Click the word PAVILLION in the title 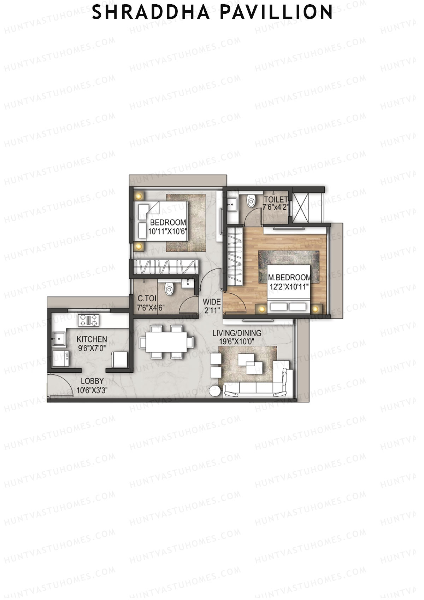pos(276,12)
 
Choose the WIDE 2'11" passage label pos(211,306)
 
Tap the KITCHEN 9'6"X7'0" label pos(92,343)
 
